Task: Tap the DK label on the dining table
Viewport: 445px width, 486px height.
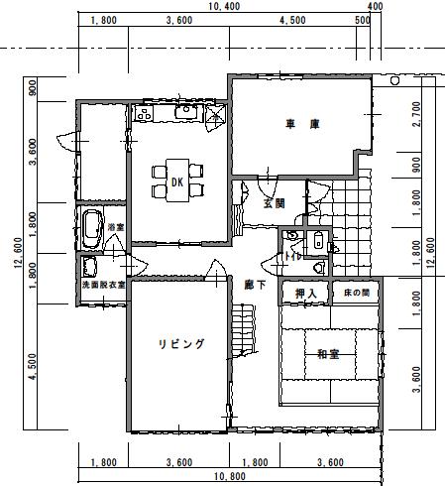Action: (x=176, y=182)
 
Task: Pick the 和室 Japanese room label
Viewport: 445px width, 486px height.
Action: (x=329, y=354)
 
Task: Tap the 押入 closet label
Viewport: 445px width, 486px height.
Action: (x=305, y=295)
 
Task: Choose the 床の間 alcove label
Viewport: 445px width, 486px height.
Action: (x=356, y=295)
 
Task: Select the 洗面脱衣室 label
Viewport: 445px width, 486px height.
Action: (x=103, y=286)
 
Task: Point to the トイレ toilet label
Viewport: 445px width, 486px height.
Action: (x=294, y=256)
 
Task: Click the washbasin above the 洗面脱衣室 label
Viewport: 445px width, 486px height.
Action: (x=90, y=266)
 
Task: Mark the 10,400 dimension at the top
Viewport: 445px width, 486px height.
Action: (x=224, y=7)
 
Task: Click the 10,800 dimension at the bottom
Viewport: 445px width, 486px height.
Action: (x=229, y=479)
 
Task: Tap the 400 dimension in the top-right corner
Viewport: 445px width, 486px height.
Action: (x=375, y=7)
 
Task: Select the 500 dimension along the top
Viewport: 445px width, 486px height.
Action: (x=362, y=20)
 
